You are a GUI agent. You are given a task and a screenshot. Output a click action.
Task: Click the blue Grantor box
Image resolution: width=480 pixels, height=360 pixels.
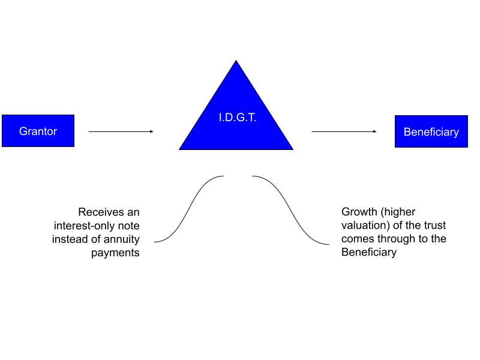pos(38,131)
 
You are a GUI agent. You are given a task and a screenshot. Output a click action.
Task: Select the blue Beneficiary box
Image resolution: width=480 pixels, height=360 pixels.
pos(431,131)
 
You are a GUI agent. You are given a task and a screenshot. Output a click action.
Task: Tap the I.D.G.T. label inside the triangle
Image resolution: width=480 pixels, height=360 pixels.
pos(238,117)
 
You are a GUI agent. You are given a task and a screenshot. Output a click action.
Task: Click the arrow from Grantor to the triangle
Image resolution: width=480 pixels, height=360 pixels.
pos(121,131)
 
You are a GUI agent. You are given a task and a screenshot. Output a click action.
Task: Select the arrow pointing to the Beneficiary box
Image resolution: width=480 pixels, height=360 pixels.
pos(344,131)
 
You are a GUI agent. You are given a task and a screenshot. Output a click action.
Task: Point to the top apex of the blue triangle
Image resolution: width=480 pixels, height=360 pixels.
pos(236,61)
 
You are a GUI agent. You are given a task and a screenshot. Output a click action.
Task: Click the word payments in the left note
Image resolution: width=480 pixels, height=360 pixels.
pos(115,253)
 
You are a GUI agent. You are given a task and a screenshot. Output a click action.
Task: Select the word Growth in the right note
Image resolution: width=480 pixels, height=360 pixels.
pos(359,212)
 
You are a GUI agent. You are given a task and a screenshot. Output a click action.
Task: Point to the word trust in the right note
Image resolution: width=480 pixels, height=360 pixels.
pos(434,225)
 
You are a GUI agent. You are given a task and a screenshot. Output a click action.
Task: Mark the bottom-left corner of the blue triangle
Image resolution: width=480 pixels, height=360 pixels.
pos(179,149)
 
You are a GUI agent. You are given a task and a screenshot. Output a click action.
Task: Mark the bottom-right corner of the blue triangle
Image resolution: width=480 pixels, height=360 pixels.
pos(293,149)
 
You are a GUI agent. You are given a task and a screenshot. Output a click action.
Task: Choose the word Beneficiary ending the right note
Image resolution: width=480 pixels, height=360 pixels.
pos(369,252)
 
